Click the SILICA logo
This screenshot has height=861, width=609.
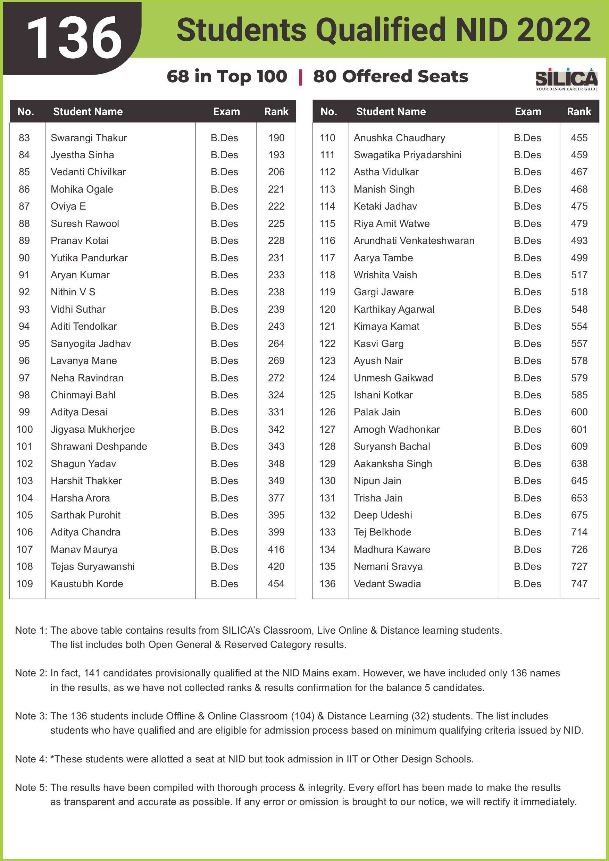coord(566,79)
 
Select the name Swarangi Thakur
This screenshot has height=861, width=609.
coord(89,138)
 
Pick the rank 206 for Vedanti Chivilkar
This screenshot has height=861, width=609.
coord(276,172)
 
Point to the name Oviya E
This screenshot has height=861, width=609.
coord(68,206)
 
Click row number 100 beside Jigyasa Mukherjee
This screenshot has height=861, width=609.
coord(25,429)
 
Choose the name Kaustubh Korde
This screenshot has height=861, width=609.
coord(87,584)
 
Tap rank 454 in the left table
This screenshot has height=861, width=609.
coord(276,584)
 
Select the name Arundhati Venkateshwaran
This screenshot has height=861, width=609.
coord(414,241)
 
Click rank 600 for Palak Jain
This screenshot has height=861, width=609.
coord(579,412)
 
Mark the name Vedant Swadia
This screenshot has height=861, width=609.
coord(387,584)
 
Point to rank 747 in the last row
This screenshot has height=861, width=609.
coord(579,584)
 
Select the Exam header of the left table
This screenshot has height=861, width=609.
coord(226,111)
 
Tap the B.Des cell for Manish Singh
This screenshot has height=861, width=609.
coord(527,189)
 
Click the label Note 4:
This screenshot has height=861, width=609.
coord(31,759)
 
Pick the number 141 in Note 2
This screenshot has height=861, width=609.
coord(92,673)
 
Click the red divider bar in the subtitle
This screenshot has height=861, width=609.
coord(300,77)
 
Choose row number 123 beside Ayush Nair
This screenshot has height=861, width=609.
coord(327,361)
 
